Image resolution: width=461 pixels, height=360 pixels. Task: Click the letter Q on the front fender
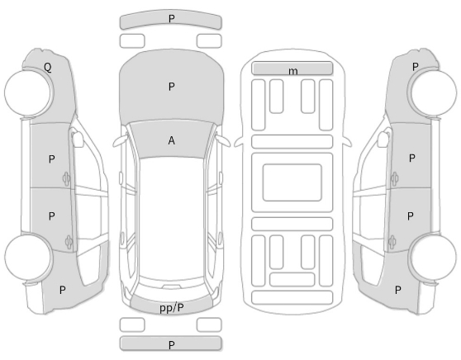pos(48,68)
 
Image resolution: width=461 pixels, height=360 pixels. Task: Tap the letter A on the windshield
pos(171,140)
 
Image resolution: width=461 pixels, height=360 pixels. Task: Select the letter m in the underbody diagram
pos(292,71)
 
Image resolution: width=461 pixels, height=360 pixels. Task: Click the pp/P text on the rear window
pos(172,308)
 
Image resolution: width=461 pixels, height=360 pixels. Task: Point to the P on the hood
pos(172,87)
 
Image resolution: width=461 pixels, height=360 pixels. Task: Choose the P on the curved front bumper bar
pos(172,19)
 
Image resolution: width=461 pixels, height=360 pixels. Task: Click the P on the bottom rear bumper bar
pos(172,344)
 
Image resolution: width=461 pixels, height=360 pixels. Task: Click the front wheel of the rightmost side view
pos(433,92)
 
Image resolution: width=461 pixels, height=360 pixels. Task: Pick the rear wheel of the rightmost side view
pos(433,257)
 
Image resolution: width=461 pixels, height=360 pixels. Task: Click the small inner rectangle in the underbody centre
pos(292,182)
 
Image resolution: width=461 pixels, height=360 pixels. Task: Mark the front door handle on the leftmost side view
pos(66,178)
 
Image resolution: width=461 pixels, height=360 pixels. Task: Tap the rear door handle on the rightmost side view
pos(392,243)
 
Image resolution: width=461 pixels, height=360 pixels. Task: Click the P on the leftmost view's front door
pos(51,159)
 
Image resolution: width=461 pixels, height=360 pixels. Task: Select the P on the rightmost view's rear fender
pos(397,290)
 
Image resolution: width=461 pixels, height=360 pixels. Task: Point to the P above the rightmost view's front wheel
pos(415,67)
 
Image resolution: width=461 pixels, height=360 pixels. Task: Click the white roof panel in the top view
pos(171,219)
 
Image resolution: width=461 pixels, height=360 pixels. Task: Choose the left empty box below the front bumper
pos(132,40)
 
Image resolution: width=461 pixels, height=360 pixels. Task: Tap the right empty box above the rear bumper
pos(209,324)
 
